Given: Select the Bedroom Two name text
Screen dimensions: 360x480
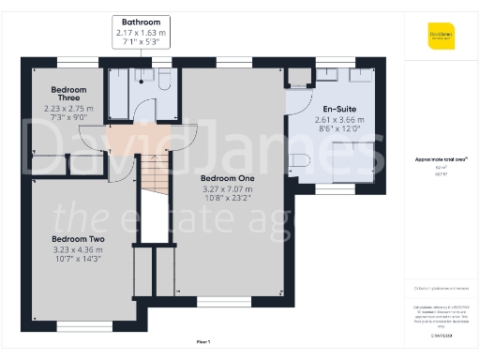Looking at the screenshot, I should point(78,239).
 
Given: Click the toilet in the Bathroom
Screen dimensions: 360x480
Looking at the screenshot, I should point(163,82).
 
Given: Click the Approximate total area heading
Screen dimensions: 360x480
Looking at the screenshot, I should point(441,159).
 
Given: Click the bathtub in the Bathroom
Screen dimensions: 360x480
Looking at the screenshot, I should point(119,94).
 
